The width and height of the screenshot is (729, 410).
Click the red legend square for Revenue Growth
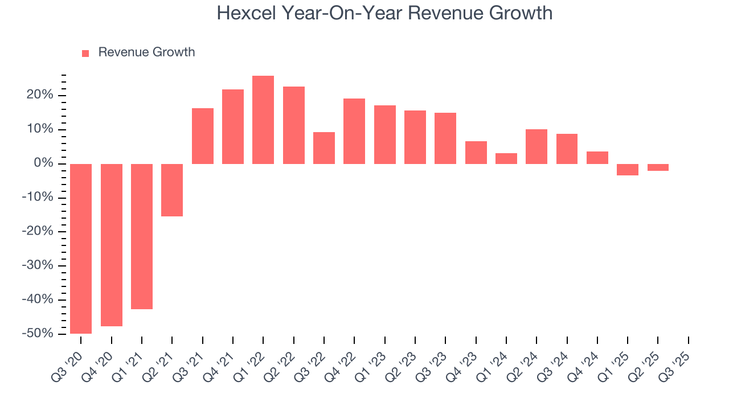[x=85, y=53]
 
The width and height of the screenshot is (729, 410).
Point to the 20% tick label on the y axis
[x=40, y=95]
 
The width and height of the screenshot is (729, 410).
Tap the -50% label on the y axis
[x=38, y=334]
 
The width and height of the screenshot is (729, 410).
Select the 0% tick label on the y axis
[x=44, y=163]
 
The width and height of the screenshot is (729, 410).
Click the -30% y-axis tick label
[x=38, y=265]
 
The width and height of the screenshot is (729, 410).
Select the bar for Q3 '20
[x=81, y=248]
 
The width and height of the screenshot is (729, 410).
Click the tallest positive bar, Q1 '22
[x=263, y=120]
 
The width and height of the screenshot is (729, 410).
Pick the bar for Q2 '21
[x=172, y=190]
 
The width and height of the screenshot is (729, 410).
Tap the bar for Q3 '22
[x=324, y=148]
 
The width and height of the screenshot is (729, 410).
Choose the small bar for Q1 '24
[x=506, y=158]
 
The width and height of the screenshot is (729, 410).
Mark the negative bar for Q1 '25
[x=628, y=169]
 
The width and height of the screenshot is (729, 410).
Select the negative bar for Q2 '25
[x=658, y=167]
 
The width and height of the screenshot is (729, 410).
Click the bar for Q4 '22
[x=354, y=131]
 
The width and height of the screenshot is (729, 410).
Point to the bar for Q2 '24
[x=536, y=146]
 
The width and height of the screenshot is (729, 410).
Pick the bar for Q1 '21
[x=142, y=236]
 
